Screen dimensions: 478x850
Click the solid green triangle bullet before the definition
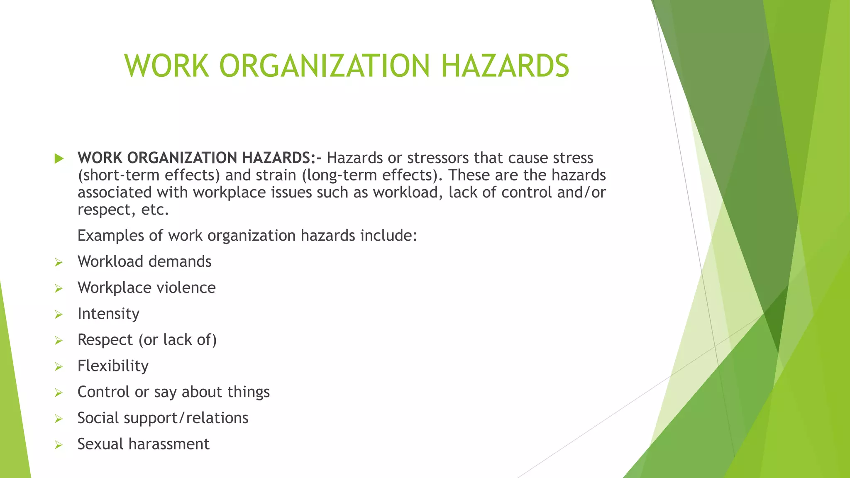(59, 158)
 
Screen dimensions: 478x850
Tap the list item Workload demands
(144, 262)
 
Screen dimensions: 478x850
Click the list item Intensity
(108, 314)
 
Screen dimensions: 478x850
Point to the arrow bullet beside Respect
(59, 341)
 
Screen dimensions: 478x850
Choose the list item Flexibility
(113, 366)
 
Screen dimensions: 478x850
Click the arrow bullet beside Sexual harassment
(59, 445)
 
